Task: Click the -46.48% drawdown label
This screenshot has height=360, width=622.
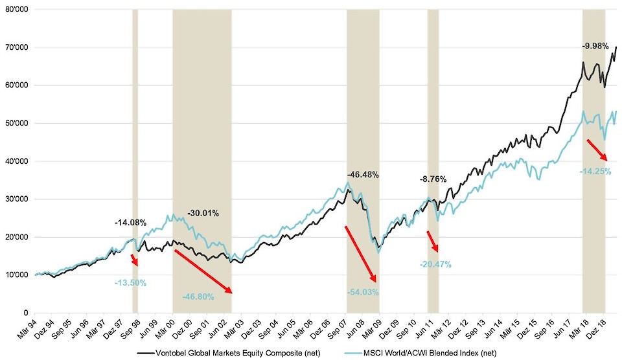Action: (x=363, y=175)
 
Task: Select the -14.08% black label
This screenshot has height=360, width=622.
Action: (x=130, y=223)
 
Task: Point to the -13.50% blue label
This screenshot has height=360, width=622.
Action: (x=130, y=283)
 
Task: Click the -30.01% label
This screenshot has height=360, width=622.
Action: (x=203, y=213)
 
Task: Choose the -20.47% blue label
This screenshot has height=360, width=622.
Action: (x=435, y=264)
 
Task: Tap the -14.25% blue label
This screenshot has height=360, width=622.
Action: (x=595, y=171)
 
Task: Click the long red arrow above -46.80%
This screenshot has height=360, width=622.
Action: (x=203, y=271)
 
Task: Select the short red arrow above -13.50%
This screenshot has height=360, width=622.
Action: (x=134, y=260)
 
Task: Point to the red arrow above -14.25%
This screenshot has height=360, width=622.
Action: (x=596, y=150)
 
